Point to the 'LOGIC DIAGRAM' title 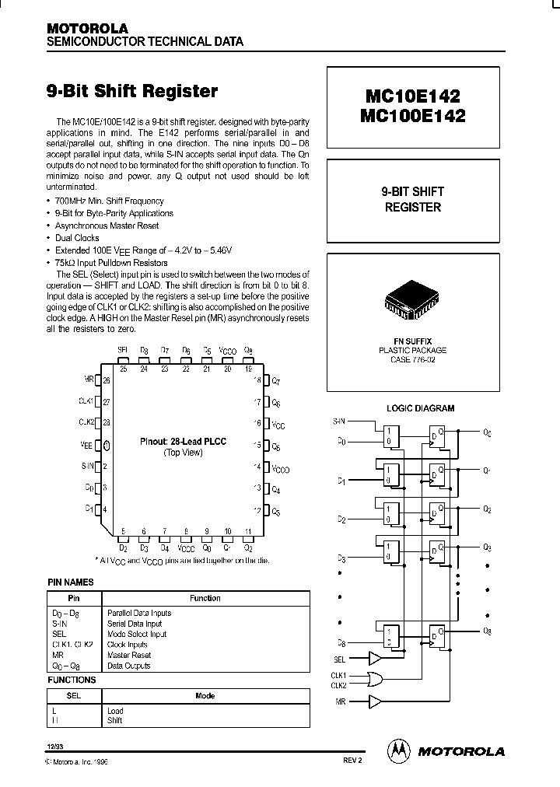(x=420, y=408)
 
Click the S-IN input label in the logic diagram (x=339, y=421)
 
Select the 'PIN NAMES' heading (x=70, y=582)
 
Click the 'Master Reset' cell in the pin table (x=128, y=656)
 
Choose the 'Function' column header (x=205, y=598)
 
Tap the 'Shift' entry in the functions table (x=115, y=721)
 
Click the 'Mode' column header (x=205, y=696)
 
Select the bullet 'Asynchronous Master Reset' (x=107, y=226)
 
